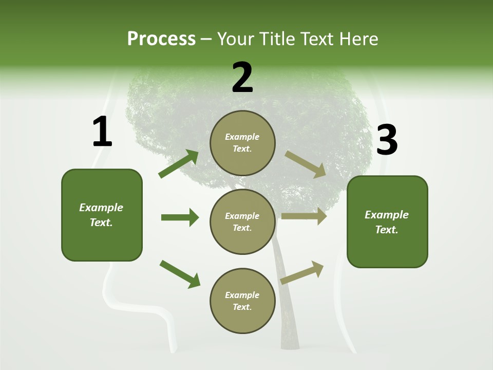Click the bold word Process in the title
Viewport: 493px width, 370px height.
[x=161, y=39]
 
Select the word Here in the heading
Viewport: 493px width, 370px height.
[x=358, y=39]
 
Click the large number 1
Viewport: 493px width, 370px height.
[x=102, y=132]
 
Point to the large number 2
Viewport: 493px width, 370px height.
[x=242, y=78]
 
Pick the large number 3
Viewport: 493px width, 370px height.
[x=387, y=140]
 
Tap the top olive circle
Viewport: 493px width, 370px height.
[x=242, y=143]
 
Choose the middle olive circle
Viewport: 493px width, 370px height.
[x=242, y=221]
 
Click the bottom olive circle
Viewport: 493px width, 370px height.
[x=242, y=301]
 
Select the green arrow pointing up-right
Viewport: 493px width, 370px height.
[x=179, y=164]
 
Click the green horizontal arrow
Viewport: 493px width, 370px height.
[x=180, y=217]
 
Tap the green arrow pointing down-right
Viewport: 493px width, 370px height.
[x=180, y=274]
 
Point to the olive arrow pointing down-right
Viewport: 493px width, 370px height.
[x=305, y=164]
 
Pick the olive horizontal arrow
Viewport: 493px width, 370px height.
[x=304, y=216]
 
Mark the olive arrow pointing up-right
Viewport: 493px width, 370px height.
[x=302, y=272]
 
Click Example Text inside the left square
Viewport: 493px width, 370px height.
[x=101, y=215]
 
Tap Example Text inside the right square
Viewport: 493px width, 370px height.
[x=387, y=222]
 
